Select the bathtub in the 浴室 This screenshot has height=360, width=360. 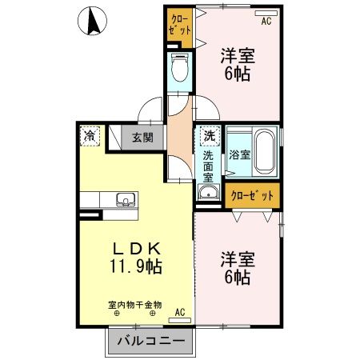266,151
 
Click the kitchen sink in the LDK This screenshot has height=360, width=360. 125,200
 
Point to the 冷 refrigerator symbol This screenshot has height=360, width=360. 90,136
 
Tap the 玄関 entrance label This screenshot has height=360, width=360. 142,137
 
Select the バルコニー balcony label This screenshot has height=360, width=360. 147,342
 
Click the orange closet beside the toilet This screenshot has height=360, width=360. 179,25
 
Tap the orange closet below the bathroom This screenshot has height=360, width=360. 251,194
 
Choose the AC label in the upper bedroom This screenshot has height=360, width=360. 266,21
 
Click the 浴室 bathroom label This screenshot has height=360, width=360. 238,153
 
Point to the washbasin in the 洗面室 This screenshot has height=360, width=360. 209,193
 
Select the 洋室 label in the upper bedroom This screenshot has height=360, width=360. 238,57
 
